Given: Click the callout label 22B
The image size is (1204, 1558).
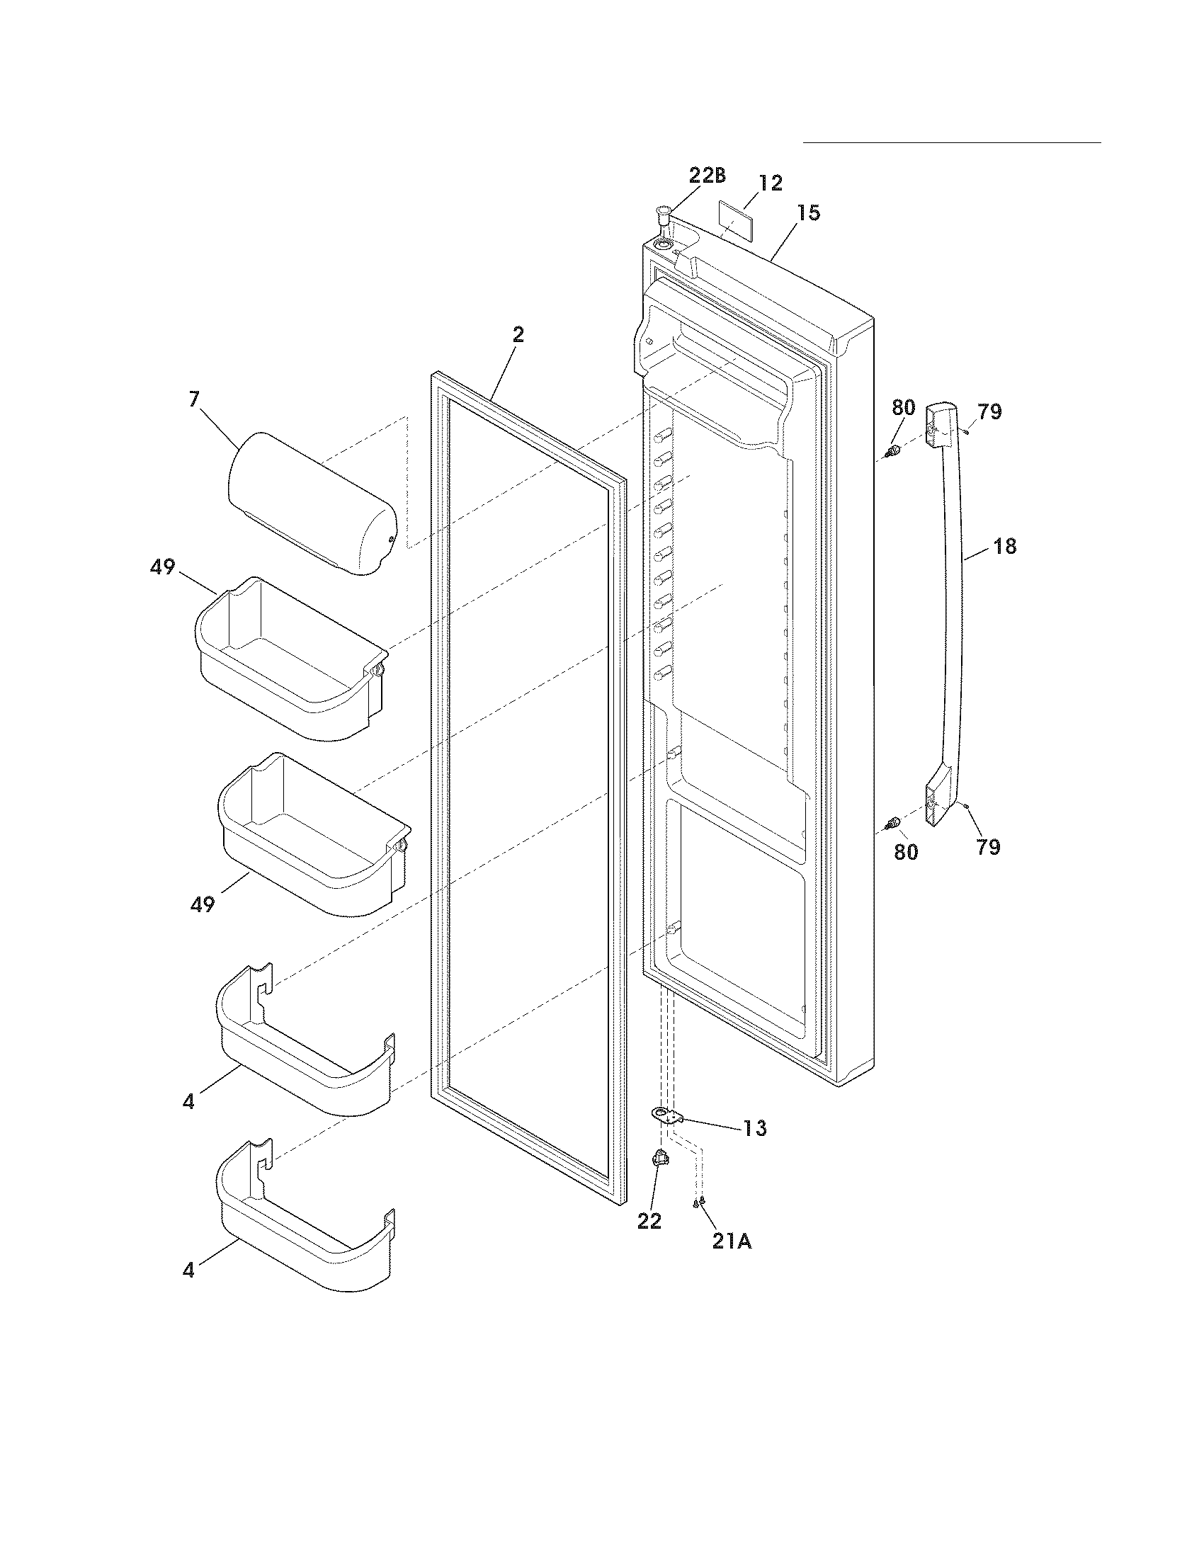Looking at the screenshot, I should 707,176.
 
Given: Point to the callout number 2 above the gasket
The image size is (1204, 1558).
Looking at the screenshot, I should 518,334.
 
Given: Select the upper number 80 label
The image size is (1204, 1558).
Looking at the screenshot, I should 903,408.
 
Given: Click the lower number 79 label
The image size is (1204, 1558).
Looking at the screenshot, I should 988,847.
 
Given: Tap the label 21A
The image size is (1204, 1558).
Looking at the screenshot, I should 731,1241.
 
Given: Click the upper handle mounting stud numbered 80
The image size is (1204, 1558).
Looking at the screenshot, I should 890,451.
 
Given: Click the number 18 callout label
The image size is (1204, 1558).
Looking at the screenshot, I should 1004,547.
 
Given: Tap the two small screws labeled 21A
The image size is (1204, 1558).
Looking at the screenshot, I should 698,1202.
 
